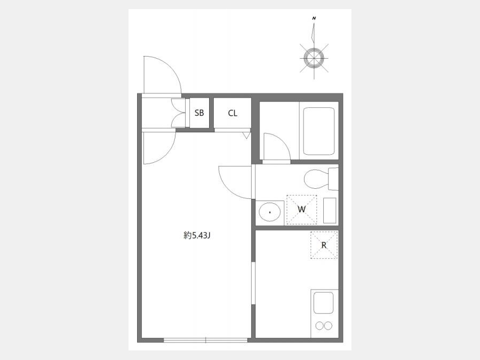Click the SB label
tap(199, 113)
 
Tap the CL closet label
tap(233, 113)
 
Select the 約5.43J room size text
tap(197, 235)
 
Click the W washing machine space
tap(301, 210)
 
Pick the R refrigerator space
tap(324, 245)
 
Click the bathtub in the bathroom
tap(319, 131)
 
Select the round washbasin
tap(270, 212)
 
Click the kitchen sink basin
tap(323, 302)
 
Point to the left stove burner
tap(319, 326)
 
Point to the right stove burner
tap(328, 326)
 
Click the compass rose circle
tap(314, 58)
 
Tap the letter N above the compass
tap(314, 18)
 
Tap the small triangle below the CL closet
tap(246, 135)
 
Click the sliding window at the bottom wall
tap(205, 340)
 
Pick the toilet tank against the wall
tap(333, 179)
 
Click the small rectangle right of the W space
tap(330, 210)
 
